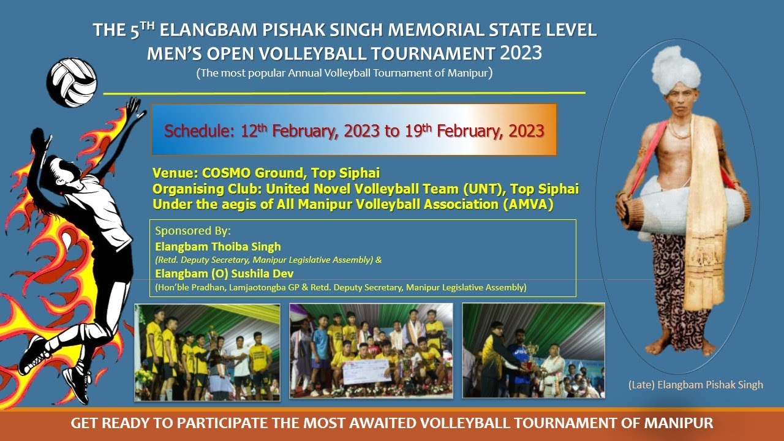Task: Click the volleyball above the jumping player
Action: [x=73, y=83]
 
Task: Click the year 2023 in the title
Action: [x=521, y=53]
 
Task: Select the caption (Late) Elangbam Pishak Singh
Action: [x=696, y=385]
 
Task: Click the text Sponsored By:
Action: [x=193, y=231]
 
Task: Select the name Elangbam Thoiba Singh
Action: [x=218, y=247]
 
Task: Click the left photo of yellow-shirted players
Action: [x=207, y=352]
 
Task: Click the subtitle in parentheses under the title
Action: [x=344, y=73]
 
